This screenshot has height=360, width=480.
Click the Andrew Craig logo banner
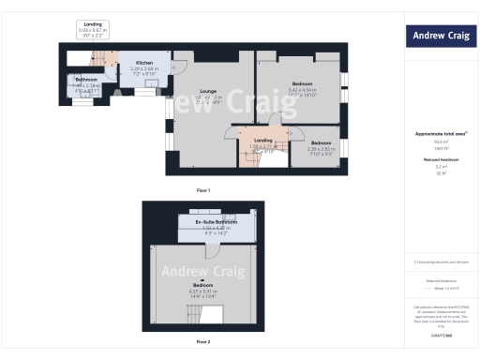pos(442,37)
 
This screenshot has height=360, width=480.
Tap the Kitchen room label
pos(143,63)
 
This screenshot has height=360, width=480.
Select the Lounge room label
pos(209,91)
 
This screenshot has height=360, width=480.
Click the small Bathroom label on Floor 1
pos(87,80)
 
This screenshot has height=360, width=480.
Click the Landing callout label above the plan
pos(93,24)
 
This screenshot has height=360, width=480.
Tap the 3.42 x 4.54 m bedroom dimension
pos(301,90)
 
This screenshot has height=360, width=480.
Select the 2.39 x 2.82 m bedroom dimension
pos(321,148)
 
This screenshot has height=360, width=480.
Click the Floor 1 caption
pos(203,190)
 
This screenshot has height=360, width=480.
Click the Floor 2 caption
pos(203,342)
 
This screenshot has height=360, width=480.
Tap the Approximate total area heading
pos(440,133)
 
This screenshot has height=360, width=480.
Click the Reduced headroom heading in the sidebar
pos(440,160)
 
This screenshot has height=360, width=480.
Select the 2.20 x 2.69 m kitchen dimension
pos(143,69)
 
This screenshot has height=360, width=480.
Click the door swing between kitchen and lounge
pos(181,67)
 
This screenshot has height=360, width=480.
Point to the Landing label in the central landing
pos(262,141)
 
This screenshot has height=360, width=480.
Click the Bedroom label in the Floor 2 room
pos(202,284)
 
